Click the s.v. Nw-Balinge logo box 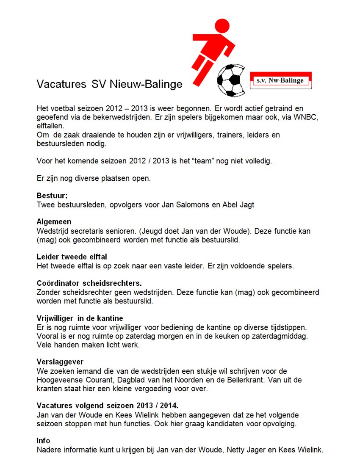(x=281, y=80)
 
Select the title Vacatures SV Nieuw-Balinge (x=109, y=84)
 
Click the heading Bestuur (x=52, y=196)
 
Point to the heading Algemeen (x=54, y=222)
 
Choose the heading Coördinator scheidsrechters (x=89, y=283)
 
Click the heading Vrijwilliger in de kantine (x=80, y=318)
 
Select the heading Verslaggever (x=60, y=362)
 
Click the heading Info (x=43, y=440)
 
